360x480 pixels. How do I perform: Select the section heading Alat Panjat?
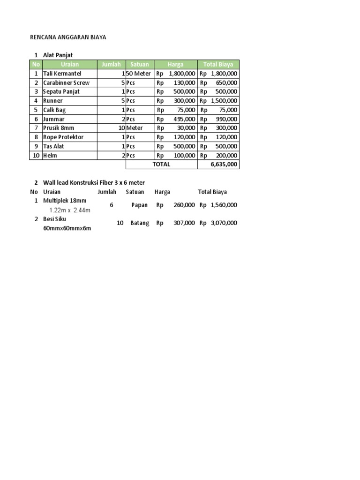58,55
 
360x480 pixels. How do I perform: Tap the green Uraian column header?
69,65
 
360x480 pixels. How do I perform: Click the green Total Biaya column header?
218,65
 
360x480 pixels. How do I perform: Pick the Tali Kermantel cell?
62,74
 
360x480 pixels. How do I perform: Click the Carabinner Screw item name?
66,82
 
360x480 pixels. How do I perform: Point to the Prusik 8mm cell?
59,128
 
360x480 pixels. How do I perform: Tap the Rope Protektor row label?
63,137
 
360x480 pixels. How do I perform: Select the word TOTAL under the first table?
161,165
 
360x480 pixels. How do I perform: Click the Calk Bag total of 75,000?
228,110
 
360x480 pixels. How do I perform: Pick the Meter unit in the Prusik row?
135,128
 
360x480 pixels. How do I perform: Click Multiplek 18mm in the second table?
65,201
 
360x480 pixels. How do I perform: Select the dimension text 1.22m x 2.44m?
70,210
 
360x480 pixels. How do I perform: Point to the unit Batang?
140,223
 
